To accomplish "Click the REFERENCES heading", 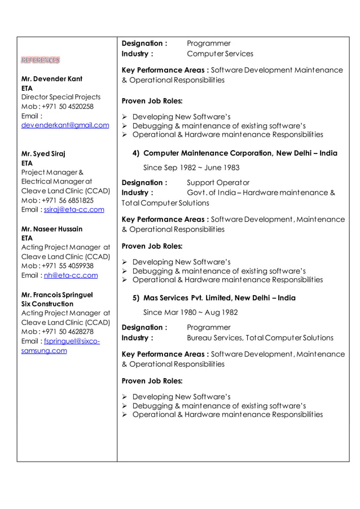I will pos(40,60).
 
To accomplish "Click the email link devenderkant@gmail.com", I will pos(65,125).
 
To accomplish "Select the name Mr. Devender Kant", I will pos(51,79).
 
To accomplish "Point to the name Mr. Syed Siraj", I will pos(43,153).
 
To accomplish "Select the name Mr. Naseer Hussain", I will pos(51,229).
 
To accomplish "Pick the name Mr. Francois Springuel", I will pos(57,295).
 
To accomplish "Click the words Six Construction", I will pos(47,304).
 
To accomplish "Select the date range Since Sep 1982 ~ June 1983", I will pos(191,168).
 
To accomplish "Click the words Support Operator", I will pos(218,183).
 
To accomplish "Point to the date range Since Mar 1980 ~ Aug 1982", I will pos(190,313).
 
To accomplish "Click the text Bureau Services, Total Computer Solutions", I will pos(260,338).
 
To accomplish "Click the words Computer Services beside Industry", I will pos(220,54).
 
